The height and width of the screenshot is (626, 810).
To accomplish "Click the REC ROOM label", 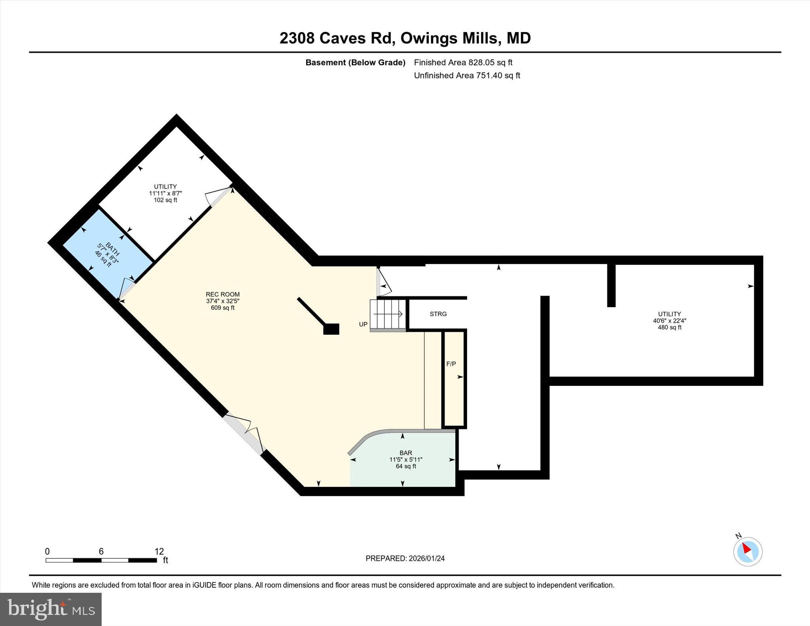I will pyautogui.click(x=223, y=294).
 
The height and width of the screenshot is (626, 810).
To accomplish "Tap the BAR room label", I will pyautogui.click(x=405, y=453).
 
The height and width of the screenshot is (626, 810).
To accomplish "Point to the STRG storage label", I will pyautogui.click(x=438, y=314).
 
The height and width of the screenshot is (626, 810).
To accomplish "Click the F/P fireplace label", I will pyautogui.click(x=451, y=364).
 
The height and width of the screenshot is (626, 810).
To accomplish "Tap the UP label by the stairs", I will pyautogui.click(x=363, y=324).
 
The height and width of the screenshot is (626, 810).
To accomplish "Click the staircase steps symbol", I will pyautogui.click(x=388, y=314).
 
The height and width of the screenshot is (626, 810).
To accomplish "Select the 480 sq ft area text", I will pyautogui.click(x=669, y=327).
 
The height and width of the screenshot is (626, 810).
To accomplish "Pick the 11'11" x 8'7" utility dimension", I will pyautogui.click(x=165, y=193).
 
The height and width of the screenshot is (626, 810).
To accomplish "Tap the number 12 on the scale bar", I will pyautogui.click(x=159, y=551).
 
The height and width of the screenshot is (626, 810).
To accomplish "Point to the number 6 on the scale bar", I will pyautogui.click(x=101, y=551).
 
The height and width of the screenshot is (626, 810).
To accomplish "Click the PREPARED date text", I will pyautogui.click(x=405, y=558).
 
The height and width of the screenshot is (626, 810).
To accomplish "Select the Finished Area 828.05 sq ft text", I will pyautogui.click(x=463, y=62).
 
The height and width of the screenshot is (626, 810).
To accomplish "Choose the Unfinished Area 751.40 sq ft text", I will pyautogui.click(x=467, y=76).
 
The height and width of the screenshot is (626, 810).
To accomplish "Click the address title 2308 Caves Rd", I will pyautogui.click(x=405, y=38).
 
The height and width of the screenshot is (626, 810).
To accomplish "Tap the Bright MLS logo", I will pyautogui.click(x=51, y=609).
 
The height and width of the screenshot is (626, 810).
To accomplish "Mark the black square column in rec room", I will pyautogui.click(x=331, y=329).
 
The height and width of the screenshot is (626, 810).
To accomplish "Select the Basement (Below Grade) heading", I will pyautogui.click(x=355, y=62).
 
